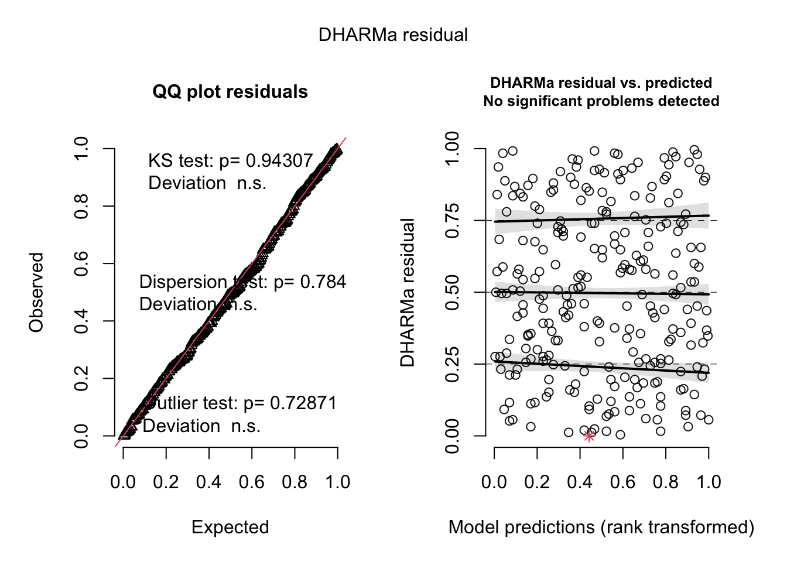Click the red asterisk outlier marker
coord(589,435)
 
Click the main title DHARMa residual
coord(393,35)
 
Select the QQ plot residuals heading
coord(230,92)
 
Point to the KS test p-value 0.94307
coord(279,160)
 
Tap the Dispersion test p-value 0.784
coord(323,282)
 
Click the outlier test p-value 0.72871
coord(303,403)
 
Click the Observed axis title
coord(36,292)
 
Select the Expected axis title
coord(230,527)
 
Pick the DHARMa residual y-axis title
coord(408,292)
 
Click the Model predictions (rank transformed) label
coord(601,527)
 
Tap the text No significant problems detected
coord(601,101)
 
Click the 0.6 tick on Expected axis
coord(252,482)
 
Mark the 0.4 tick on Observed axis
coord(81,321)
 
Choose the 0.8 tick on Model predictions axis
coord(666,482)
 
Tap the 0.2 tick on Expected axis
coord(166,482)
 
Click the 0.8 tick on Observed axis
coord(81,206)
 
